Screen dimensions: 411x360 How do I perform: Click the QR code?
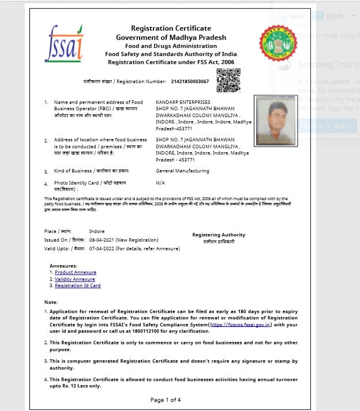(x=228, y=80)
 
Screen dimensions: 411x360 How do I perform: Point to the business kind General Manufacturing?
(x=182, y=171)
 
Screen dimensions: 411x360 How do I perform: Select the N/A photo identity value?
(x=160, y=183)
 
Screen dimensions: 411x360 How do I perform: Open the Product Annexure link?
(x=76, y=273)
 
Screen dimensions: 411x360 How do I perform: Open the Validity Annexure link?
(x=75, y=279)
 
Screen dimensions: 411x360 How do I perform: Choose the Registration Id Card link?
(x=78, y=285)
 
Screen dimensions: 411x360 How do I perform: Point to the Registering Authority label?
(x=219, y=235)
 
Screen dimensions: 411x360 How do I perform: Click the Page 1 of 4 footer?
(x=166, y=399)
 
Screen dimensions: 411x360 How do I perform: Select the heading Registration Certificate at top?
(x=171, y=28)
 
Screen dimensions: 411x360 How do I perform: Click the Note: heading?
(x=51, y=302)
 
